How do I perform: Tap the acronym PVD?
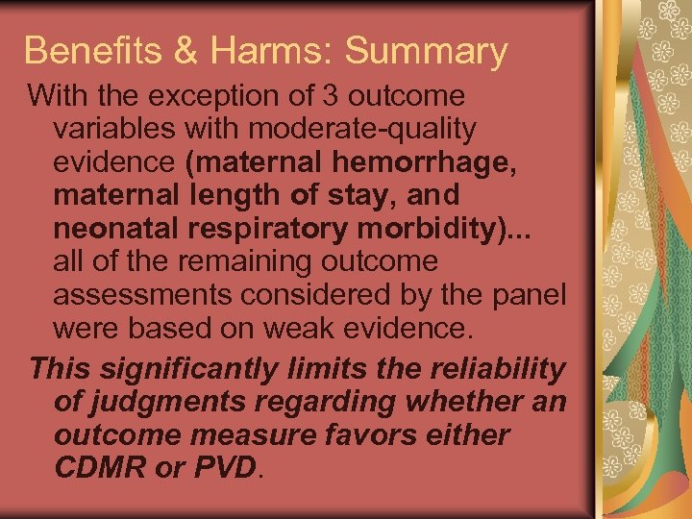coord(226,469)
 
